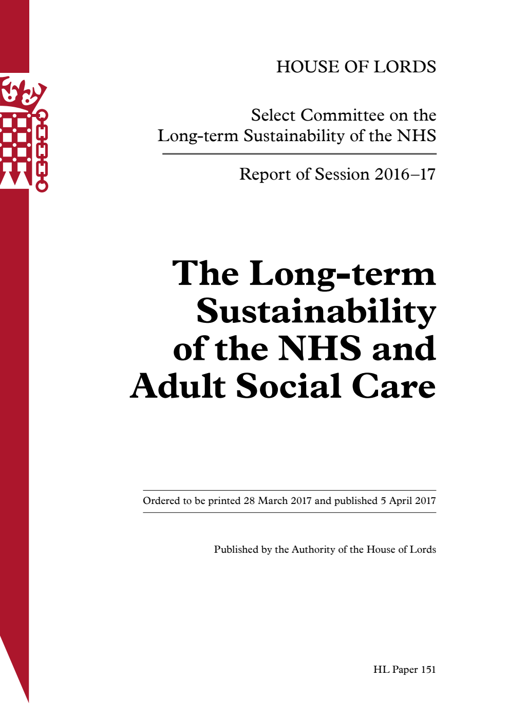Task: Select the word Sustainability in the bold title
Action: coord(316,311)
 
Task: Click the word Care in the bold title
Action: coord(394,386)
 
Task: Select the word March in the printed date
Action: coord(272,501)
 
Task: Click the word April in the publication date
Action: coord(402,501)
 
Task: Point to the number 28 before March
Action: coord(249,501)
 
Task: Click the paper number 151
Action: coord(428,670)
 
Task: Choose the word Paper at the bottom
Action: coord(405,670)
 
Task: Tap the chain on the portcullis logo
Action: coord(42,151)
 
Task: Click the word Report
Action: coord(260,174)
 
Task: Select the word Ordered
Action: coord(161,501)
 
